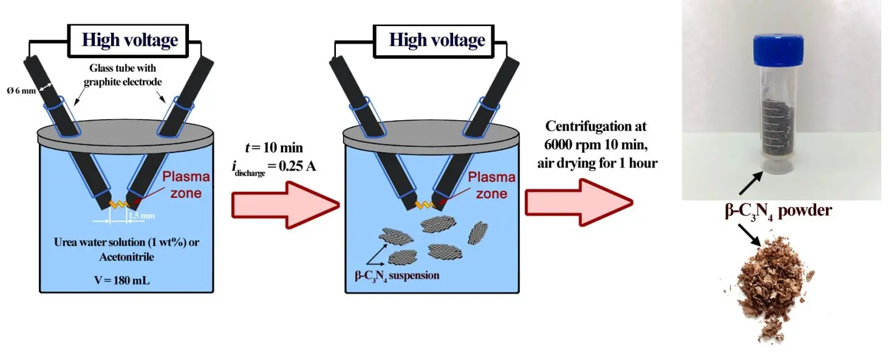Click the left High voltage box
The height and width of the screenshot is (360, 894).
point(129,41)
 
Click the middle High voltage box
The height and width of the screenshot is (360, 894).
point(437,41)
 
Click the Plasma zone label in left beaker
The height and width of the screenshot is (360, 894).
point(185,185)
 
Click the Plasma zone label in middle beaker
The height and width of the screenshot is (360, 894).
point(491,185)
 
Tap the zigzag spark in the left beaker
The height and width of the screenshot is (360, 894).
point(120,205)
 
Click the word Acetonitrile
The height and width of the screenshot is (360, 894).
point(126,257)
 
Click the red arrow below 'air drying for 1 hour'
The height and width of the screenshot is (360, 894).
point(578,201)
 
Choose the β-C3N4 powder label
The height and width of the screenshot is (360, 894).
point(782,211)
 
